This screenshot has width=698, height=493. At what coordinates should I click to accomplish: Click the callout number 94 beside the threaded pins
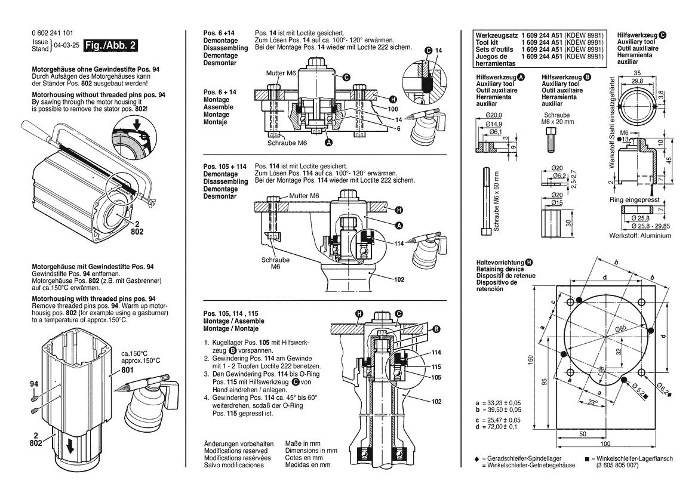pyautogui.click(x=33, y=384)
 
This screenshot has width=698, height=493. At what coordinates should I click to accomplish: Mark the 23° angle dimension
pyautogui.click(x=592, y=403)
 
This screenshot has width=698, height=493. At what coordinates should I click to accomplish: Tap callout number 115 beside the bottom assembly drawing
pyautogui.click(x=437, y=366)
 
